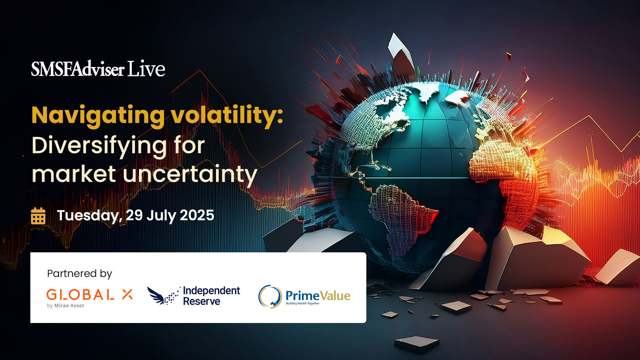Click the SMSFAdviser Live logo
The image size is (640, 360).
click(x=98, y=69)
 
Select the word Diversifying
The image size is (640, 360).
click(x=99, y=146)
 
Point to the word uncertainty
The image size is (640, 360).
click(x=190, y=174)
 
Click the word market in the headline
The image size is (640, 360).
click(x=74, y=174)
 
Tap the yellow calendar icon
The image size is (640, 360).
click(x=38, y=216)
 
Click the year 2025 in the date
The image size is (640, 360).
click(x=197, y=215)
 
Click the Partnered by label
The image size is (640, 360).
click(x=79, y=274)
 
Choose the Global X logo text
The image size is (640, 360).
click(x=80, y=295)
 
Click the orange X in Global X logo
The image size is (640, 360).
click(x=127, y=294)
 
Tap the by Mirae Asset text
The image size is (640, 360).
click(x=65, y=306)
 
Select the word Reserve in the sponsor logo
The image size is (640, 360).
click(x=201, y=301)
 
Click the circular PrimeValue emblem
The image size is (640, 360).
click(x=270, y=296)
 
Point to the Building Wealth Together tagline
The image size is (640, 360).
click(x=302, y=304)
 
